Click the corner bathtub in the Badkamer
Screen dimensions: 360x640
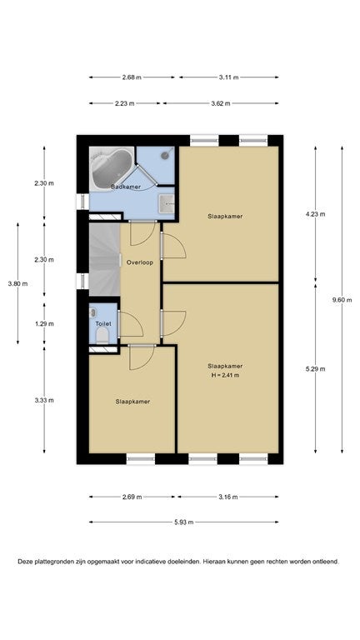coord(112,167)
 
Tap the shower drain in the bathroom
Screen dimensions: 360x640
coord(165,155)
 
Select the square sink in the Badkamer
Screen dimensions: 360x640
coord(167,204)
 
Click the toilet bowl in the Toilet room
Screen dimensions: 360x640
coord(102,336)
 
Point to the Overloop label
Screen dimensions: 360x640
coord(140,262)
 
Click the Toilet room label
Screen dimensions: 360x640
coord(103,323)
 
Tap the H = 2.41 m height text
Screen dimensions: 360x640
coord(225,376)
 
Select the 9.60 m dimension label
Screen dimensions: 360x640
coord(342,300)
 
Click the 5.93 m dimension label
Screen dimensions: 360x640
coord(183,522)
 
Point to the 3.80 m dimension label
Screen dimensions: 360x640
coord(17,283)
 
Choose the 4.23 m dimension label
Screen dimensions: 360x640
coord(316,214)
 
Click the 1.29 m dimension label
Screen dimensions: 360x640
coord(44,323)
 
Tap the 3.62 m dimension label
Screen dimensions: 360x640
coord(221,103)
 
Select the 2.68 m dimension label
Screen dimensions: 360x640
coord(132,77)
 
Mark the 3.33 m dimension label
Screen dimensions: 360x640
coord(44,400)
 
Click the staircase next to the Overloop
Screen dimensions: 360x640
coord(104,259)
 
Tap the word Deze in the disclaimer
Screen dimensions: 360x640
coord(24,562)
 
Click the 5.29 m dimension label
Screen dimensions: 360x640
coord(316,369)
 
